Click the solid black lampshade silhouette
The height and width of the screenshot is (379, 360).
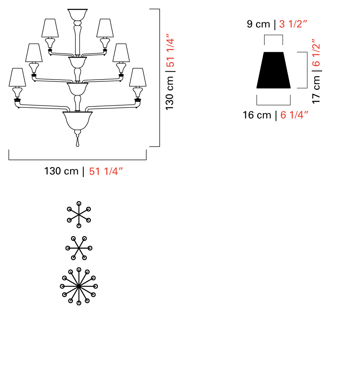[x=273, y=70]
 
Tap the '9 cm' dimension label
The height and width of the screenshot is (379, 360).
[x=258, y=24]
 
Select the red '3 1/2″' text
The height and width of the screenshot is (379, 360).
[x=293, y=24]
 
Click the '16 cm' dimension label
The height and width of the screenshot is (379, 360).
[x=257, y=115]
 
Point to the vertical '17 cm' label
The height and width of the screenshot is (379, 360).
[x=316, y=89]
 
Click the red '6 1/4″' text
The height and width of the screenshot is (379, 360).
[x=294, y=115]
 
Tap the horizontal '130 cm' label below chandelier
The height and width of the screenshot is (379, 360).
[x=61, y=171]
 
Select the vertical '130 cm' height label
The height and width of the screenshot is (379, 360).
[x=169, y=93]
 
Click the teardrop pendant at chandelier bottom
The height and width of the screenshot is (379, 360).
[x=77, y=142]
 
